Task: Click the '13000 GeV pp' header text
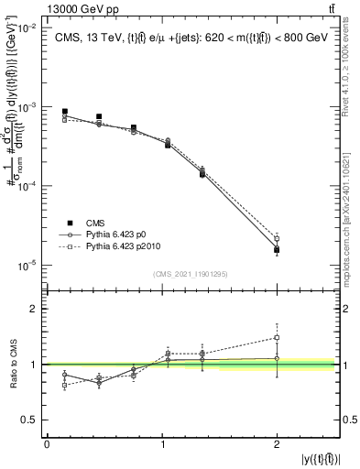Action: tap(43, 8)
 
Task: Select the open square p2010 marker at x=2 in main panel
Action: tap(277, 239)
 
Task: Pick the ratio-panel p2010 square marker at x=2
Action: tap(277, 337)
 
